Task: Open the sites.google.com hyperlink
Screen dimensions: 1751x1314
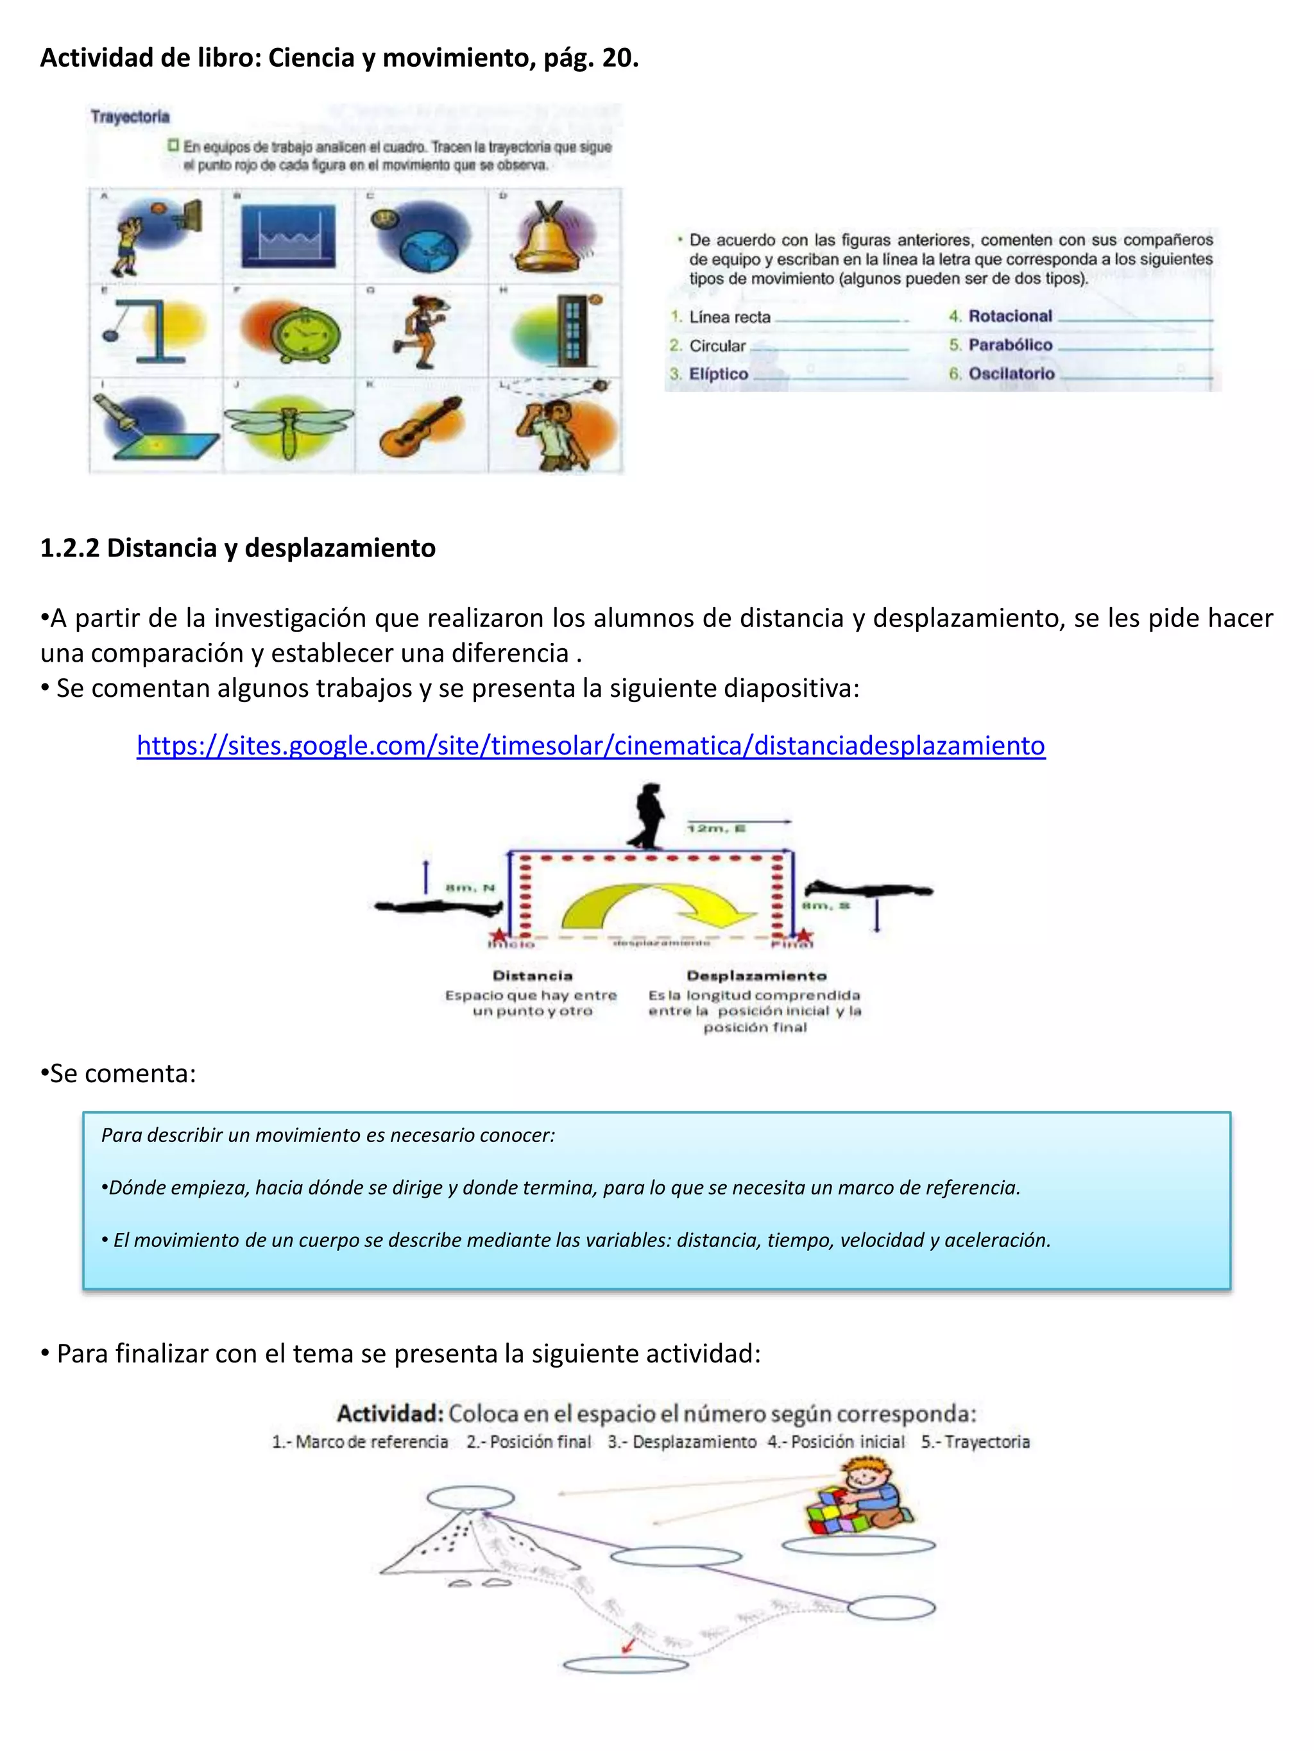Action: [x=590, y=746]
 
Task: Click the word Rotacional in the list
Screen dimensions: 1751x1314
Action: [x=1010, y=316]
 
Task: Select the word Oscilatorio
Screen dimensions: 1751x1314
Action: [x=1011, y=374]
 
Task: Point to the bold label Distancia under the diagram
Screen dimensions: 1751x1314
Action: [x=533, y=976]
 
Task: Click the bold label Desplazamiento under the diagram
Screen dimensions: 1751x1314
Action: [x=756, y=976]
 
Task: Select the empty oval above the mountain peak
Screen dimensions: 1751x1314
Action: [x=470, y=1498]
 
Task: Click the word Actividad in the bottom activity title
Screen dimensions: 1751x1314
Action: [x=389, y=1413]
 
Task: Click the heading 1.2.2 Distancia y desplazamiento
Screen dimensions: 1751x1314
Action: [x=237, y=548]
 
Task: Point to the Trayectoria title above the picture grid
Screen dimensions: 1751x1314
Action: [x=130, y=117]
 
